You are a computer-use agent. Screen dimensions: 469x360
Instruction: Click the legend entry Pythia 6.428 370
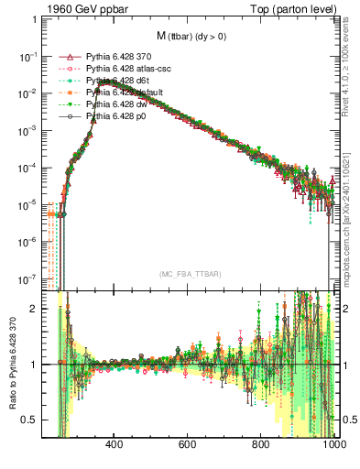(117, 57)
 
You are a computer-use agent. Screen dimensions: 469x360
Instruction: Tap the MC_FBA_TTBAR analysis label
(188, 274)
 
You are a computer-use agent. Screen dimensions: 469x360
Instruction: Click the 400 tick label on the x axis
(115, 446)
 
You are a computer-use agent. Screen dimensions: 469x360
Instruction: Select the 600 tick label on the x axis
(188, 446)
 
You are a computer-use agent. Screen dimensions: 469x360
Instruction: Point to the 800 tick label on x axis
(261, 446)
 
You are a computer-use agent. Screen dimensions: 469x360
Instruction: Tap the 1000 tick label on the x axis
(331, 446)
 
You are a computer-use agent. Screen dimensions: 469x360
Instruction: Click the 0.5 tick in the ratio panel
(29, 420)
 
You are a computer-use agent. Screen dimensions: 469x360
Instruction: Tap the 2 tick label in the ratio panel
(35, 309)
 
